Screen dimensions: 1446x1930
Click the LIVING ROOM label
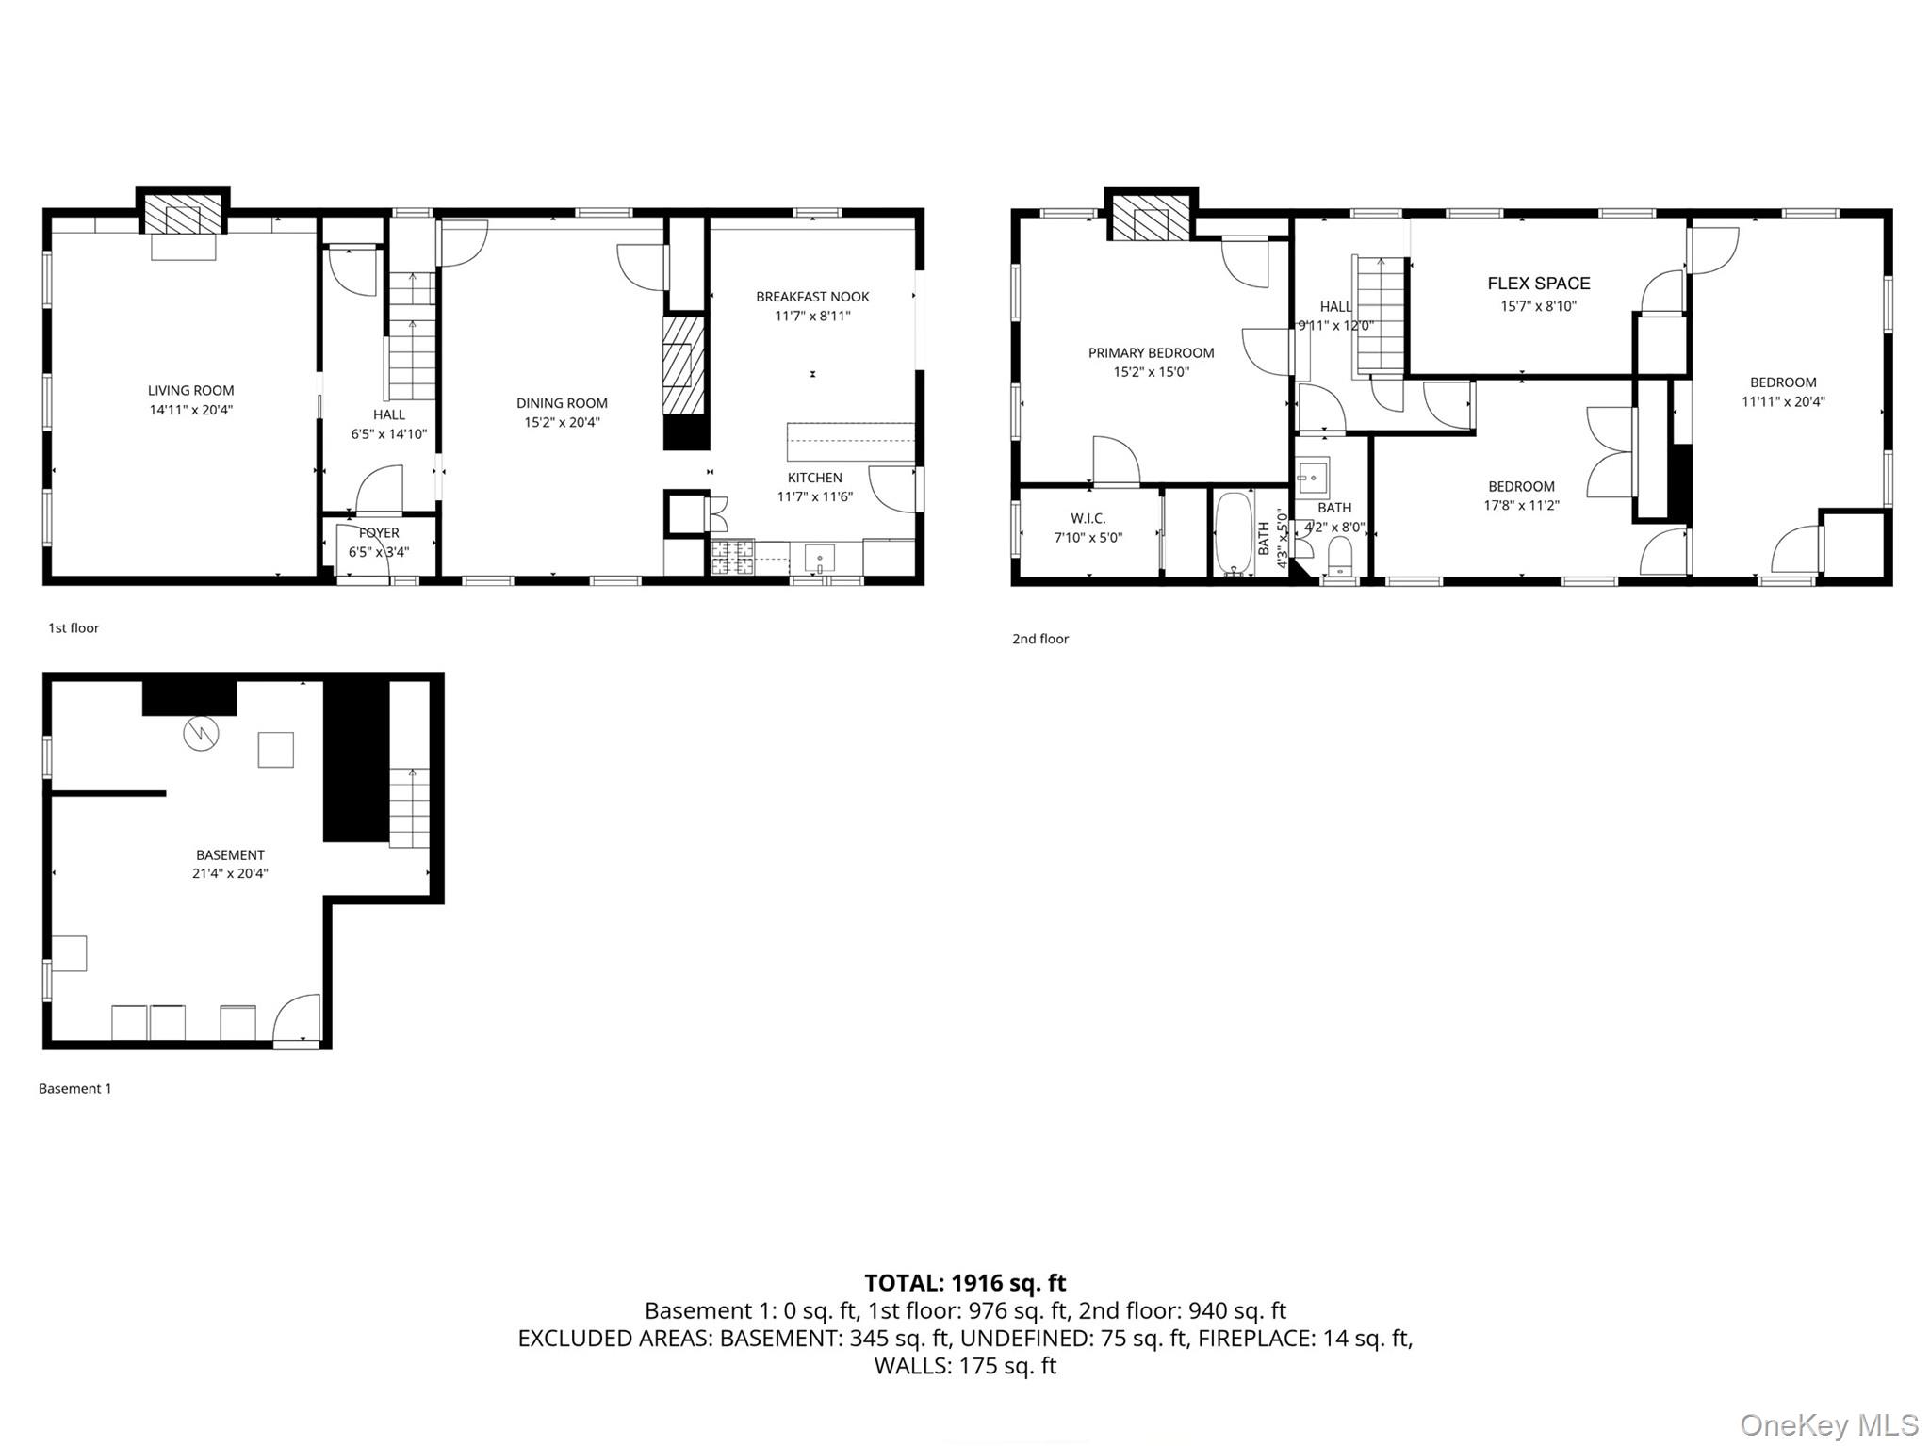(x=190, y=390)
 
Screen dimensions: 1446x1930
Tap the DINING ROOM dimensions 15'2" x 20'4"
(x=562, y=422)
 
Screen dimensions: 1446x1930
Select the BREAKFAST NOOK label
(x=811, y=297)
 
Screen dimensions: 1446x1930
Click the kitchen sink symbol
(x=819, y=558)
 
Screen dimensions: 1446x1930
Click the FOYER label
(x=378, y=533)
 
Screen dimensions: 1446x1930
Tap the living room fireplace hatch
(x=184, y=218)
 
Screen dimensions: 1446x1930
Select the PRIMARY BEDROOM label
(x=1151, y=352)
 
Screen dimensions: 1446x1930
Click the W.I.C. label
(x=1088, y=518)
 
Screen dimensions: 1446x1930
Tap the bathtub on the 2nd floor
(x=1233, y=533)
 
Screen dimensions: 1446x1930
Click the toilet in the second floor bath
(x=1339, y=556)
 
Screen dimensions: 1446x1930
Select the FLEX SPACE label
(x=1538, y=283)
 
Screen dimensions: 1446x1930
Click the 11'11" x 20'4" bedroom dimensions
(x=1782, y=401)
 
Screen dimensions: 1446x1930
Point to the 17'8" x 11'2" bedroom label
(x=1521, y=487)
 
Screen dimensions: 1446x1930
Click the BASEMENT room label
(x=230, y=854)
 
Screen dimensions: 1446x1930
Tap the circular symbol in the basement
(x=201, y=733)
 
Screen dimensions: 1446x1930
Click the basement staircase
(x=410, y=808)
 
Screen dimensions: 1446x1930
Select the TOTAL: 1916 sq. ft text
(x=964, y=1282)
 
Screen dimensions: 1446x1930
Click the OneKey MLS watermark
(x=1828, y=1424)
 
